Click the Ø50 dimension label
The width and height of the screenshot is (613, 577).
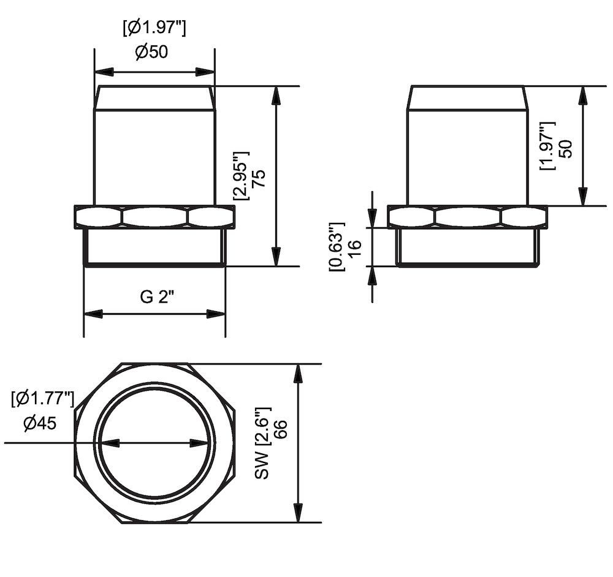click(x=151, y=52)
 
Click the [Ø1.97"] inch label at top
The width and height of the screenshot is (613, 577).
click(x=154, y=27)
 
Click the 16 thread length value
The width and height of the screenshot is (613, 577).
click(x=354, y=247)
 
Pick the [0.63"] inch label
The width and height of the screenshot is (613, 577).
click(x=335, y=247)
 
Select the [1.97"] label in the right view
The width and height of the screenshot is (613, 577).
click(x=547, y=146)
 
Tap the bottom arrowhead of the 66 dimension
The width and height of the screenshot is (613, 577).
click(x=299, y=514)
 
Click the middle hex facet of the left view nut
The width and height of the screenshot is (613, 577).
click(x=154, y=217)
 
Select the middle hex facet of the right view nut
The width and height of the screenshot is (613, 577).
click(x=468, y=217)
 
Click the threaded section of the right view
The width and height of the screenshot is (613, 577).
click(x=468, y=247)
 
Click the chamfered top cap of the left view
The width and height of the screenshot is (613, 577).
click(x=154, y=97)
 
